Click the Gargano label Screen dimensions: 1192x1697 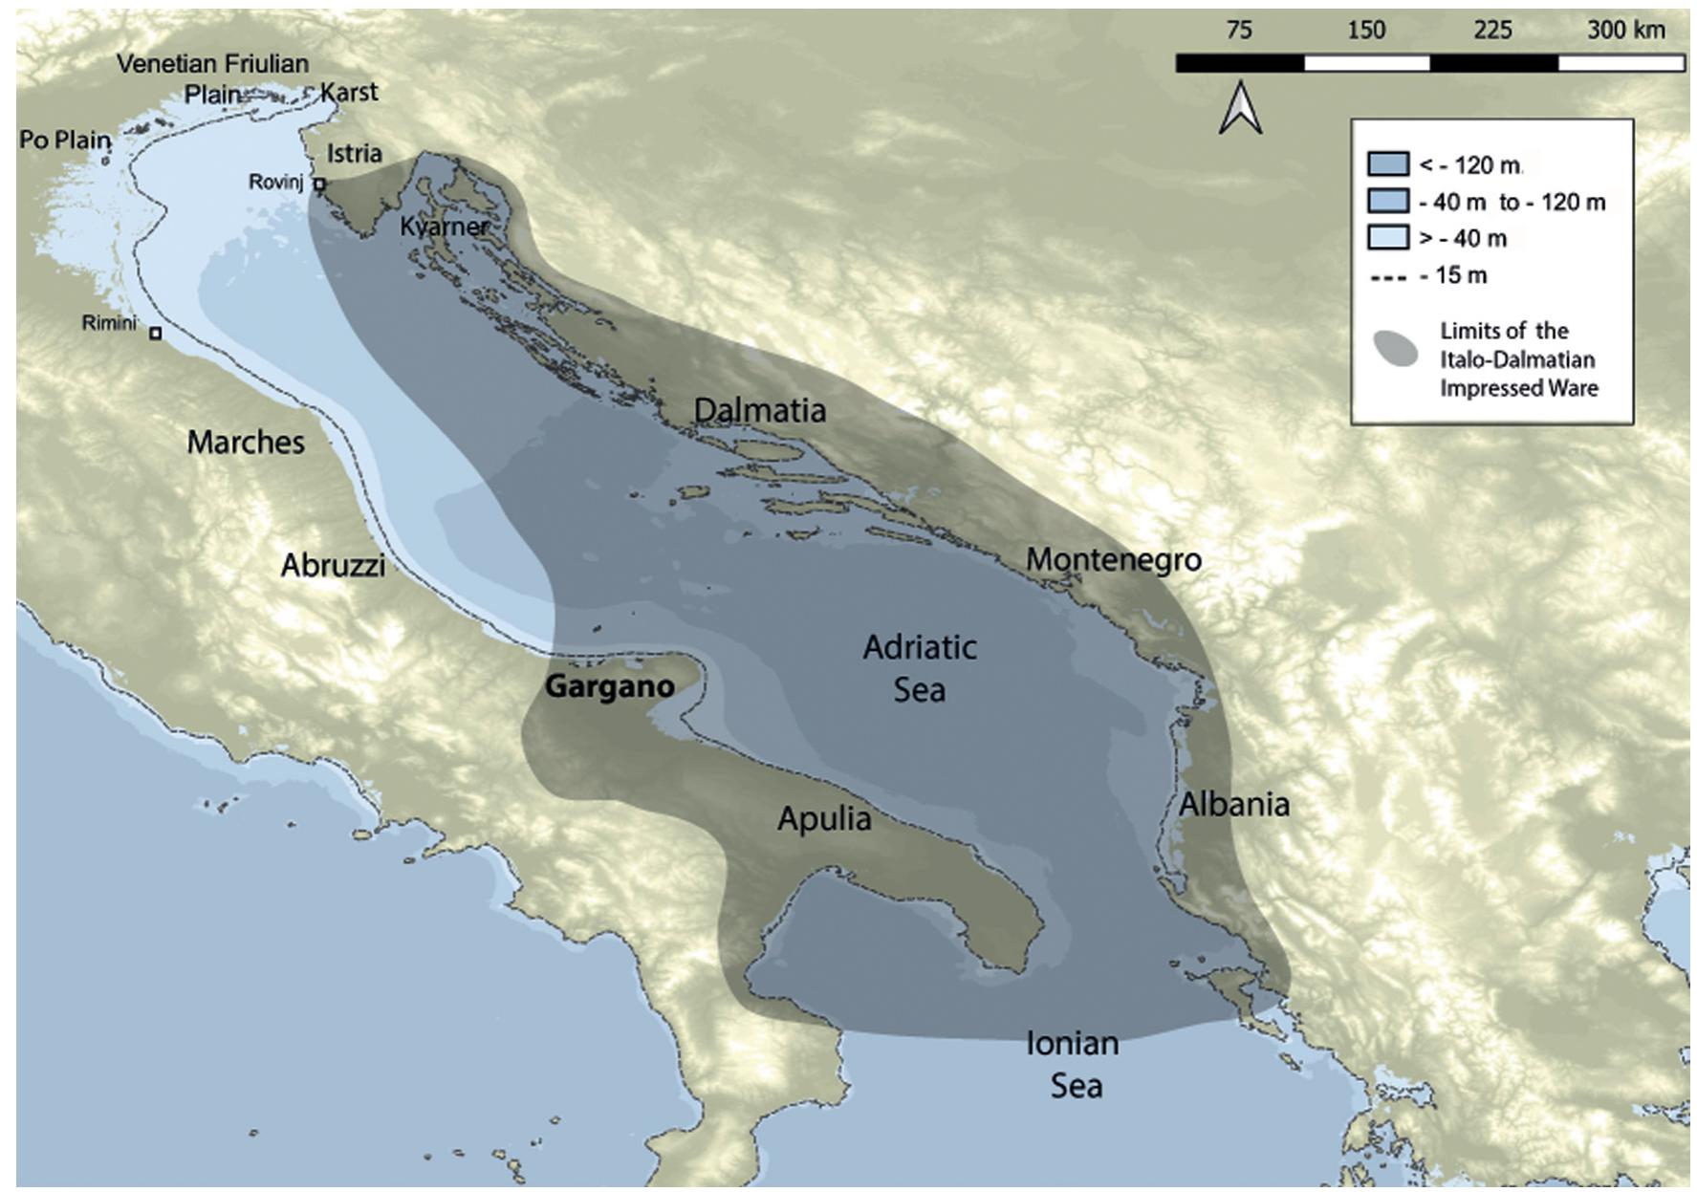(609, 686)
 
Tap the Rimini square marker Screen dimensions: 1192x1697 (156, 334)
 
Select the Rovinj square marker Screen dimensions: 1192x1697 (320, 184)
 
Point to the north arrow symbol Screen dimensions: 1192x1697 (1240, 108)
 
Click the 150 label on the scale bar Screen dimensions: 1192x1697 (1366, 31)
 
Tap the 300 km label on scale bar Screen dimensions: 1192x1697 (1625, 31)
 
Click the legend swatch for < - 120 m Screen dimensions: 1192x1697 (1387, 164)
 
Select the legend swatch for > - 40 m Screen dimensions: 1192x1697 (1387, 237)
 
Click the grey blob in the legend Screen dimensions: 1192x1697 (1396, 350)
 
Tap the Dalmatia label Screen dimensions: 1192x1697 (760, 410)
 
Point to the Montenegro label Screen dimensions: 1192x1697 (1114, 559)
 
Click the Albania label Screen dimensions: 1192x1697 (1233, 804)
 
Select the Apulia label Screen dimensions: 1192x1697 (824, 819)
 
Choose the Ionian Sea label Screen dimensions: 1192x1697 (1074, 1064)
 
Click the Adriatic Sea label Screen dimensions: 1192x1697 (919, 668)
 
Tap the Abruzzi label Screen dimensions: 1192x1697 (333, 565)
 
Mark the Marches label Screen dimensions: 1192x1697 (246, 443)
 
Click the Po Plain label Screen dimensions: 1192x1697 (65, 140)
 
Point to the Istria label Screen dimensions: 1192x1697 (354, 153)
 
